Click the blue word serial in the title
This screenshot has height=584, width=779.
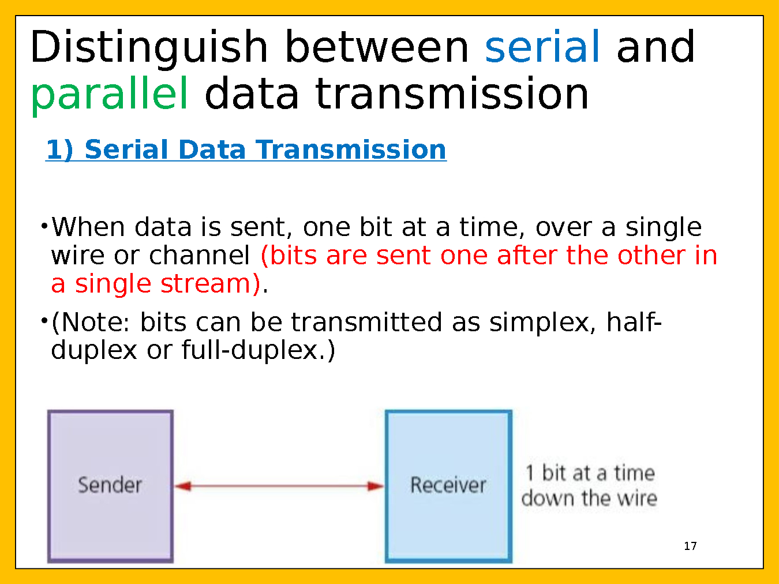542,46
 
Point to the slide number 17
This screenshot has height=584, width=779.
690,546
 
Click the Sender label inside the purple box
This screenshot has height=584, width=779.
110,485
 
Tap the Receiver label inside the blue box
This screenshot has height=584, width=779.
448,485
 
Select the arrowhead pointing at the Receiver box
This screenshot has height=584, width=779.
376,486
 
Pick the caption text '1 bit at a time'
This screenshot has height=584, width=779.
590,473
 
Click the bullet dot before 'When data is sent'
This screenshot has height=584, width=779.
44,226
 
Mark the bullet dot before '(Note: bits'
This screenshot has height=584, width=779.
44,321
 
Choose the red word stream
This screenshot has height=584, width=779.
211,284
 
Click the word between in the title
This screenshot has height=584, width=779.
377,46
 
